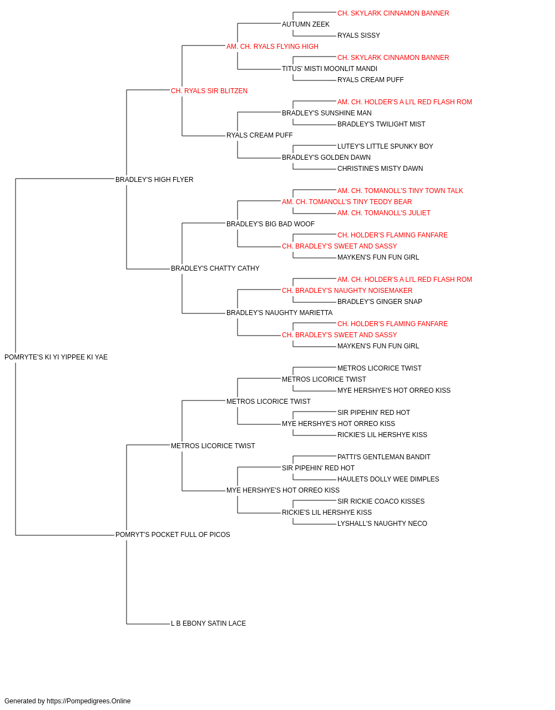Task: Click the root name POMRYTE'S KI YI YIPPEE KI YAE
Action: [x=56, y=357]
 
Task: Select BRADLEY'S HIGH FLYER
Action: [x=154, y=180]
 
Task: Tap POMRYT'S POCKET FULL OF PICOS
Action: [x=173, y=535]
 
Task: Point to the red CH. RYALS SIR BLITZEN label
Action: [x=209, y=91]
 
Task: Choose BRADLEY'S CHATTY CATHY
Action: [x=215, y=268]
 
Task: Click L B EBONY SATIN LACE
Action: [x=208, y=623]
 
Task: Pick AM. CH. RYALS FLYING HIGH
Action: [x=273, y=47]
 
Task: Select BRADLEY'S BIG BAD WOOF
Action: [x=270, y=224]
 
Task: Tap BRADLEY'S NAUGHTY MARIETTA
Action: [x=280, y=313]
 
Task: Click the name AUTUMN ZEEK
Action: [x=306, y=24]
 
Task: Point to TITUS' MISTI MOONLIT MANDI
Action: [x=330, y=69]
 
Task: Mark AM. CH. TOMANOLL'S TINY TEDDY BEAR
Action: [x=347, y=202]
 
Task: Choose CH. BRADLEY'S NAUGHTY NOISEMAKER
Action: [x=347, y=291]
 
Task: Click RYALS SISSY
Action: [x=359, y=35]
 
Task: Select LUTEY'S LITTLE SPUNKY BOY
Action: [x=385, y=146]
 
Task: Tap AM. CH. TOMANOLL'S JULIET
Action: [x=384, y=213]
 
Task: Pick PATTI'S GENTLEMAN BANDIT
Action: [x=384, y=457]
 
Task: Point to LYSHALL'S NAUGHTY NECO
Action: [x=382, y=524]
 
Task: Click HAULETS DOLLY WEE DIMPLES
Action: [x=389, y=479]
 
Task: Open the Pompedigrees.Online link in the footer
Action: [x=89, y=701]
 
